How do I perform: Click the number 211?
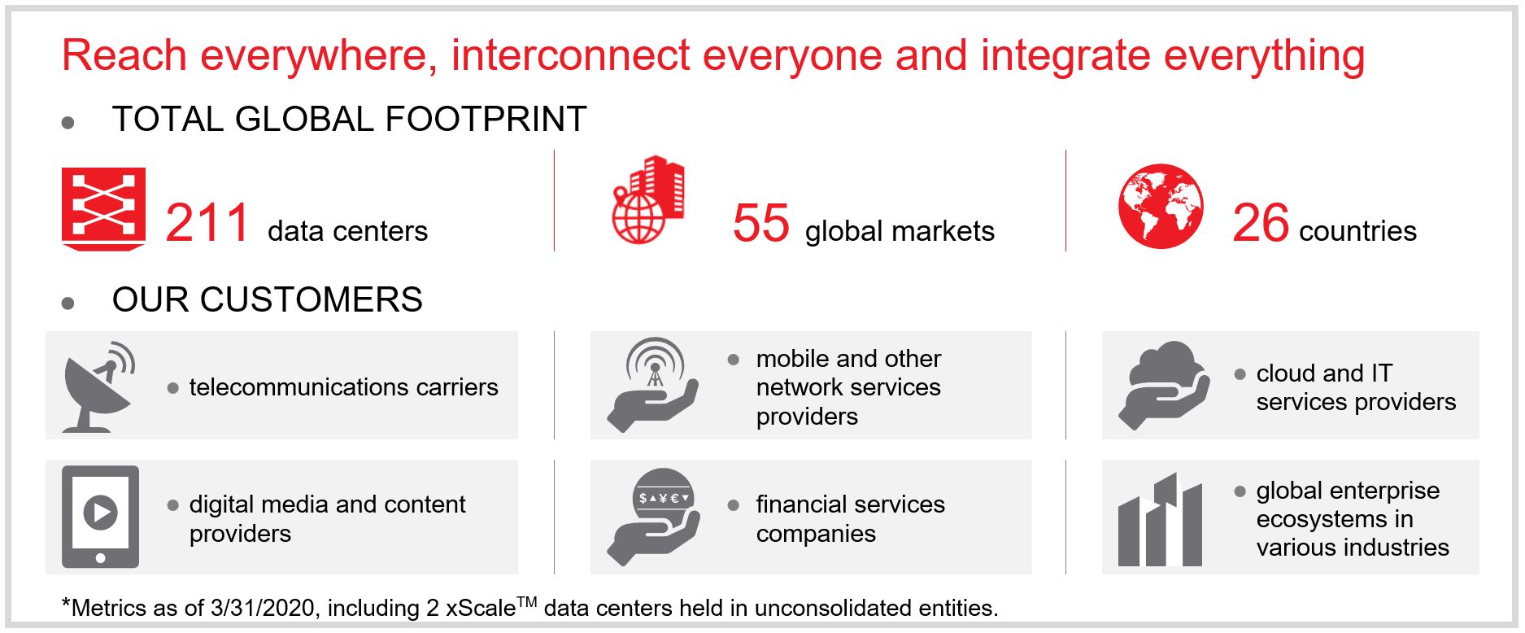click(x=207, y=223)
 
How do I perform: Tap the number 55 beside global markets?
click(x=760, y=223)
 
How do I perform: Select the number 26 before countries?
click(x=1260, y=223)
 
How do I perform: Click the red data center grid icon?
click(x=103, y=208)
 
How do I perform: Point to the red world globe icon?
click(x=1160, y=206)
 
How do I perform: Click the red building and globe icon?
click(x=648, y=199)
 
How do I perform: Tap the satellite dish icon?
click(x=98, y=386)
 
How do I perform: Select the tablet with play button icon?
click(x=100, y=516)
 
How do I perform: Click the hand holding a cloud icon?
click(x=1162, y=384)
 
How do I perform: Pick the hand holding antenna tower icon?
click(x=653, y=384)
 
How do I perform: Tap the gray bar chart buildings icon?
click(x=1160, y=521)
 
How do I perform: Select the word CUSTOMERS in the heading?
click(x=311, y=300)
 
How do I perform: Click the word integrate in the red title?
click(x=1065, y=56)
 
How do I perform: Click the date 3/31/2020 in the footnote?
click(x=262, y=608)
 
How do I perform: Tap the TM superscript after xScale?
click(x=526, y=602)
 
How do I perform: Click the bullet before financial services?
click(x=733, y=505)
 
